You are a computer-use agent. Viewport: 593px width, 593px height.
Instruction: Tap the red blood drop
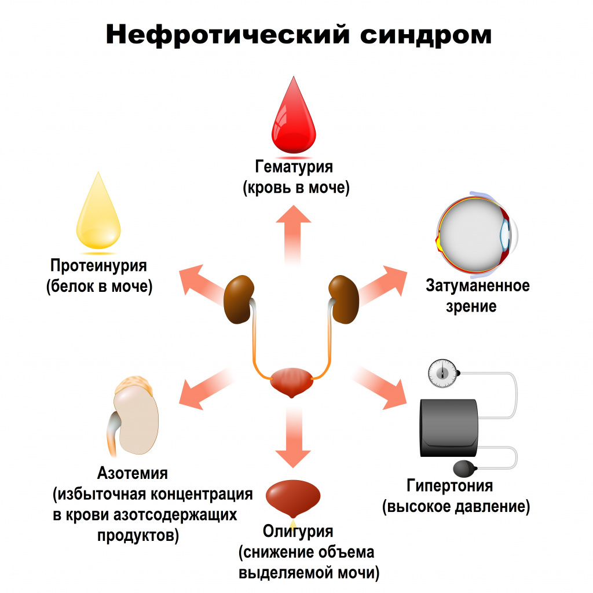tap(294, 119)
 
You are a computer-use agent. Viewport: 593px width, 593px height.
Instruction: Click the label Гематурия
tap(294, 167)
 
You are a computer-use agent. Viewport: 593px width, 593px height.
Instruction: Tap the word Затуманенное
tap(478, 285)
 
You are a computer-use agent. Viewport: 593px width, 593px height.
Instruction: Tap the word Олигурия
tap(298, 531)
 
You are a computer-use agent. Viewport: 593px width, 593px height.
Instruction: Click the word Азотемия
tap(133, 473)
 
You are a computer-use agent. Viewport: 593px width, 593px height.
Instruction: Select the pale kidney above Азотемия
tap(136, 420)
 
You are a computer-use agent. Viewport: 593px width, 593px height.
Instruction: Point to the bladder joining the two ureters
tap(293, 382)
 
